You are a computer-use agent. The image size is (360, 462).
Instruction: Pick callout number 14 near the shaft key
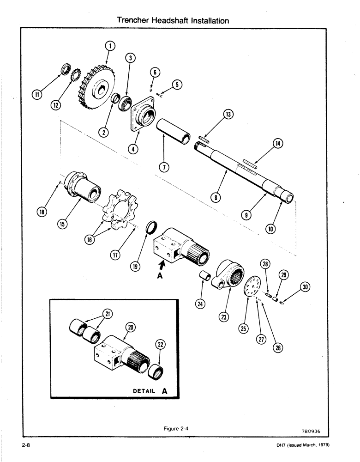278,144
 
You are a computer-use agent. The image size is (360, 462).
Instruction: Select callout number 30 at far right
305,287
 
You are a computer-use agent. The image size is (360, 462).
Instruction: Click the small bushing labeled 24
204,280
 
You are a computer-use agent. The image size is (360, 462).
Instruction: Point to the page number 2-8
25,445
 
